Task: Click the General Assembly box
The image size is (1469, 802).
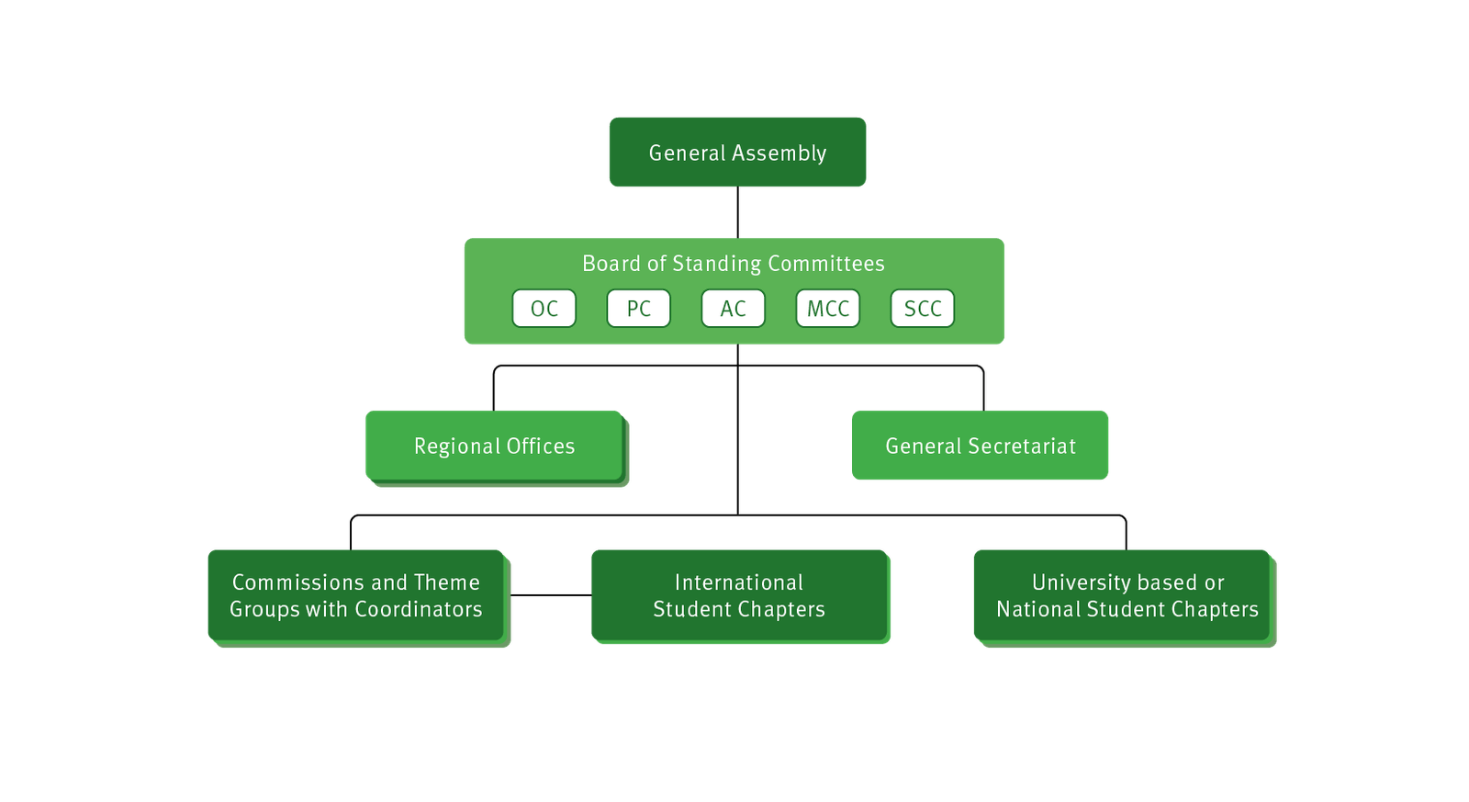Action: [737, 152]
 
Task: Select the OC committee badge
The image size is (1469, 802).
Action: [544, 309]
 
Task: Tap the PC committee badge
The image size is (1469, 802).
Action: [639, 309]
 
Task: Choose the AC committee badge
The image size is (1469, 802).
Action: [734, 309]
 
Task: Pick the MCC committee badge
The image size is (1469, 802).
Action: [828, 309]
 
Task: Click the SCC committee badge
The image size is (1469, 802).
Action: [923, 309]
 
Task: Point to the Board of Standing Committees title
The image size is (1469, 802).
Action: [734, 264]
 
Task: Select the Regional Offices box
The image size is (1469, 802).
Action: [494, 446]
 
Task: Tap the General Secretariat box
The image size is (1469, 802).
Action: [981, 446]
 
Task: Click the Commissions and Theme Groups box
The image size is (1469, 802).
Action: [356, 595]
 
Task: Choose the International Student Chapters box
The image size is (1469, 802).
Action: [739, 595]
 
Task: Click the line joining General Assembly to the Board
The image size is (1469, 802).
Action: [738, 213]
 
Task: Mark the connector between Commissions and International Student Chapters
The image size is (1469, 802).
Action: [550, 595]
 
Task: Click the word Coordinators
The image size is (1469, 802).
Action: [419, 609]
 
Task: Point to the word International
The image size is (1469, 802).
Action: [739, 582]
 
